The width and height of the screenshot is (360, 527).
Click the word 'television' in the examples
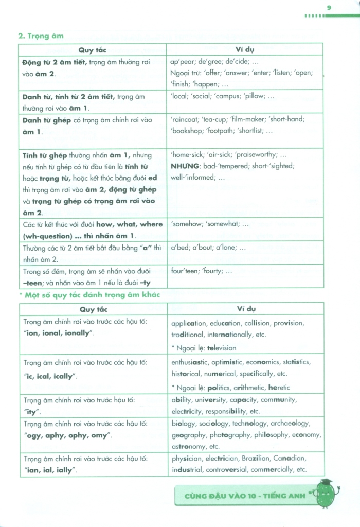coord(218,348)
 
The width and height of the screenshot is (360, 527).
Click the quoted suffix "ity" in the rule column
coord(32,412)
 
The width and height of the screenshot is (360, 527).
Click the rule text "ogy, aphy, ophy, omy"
coord(66,435)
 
